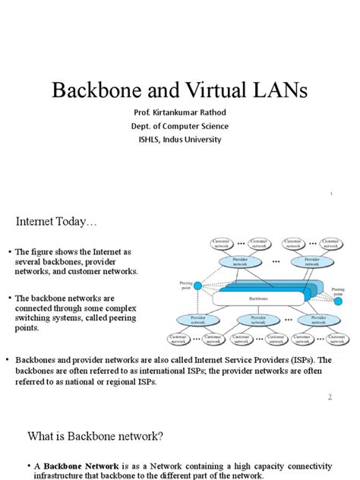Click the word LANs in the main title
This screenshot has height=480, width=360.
pos(282,92)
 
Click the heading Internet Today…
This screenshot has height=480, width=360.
pos(58,222)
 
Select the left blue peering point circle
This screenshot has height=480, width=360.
pos(198,286)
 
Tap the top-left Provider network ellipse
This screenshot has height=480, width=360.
pos(237,261)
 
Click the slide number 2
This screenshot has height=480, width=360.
pos(330,397)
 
